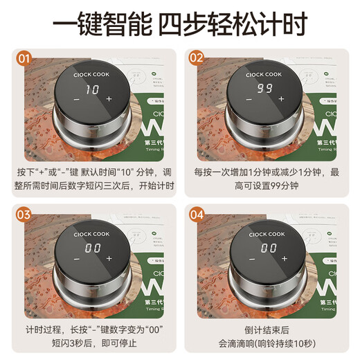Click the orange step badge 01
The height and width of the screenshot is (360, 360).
point(24,58)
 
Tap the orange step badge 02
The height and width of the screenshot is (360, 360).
point(197,58)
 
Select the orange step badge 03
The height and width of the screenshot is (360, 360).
point(24,214)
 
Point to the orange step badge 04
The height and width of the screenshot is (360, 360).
point(197,214)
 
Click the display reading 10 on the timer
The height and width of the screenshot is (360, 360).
point(92,89)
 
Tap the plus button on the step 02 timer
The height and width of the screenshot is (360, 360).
point(282,99)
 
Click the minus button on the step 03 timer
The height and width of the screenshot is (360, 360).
point(76,258)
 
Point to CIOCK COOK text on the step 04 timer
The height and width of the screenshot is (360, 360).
point(267,234)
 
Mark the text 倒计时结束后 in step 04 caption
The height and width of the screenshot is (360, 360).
point(267,328)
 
